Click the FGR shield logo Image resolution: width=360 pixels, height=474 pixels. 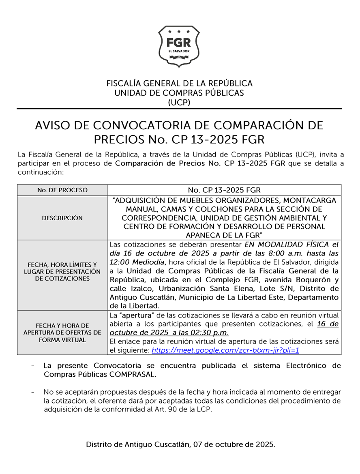click(x=179, y=46)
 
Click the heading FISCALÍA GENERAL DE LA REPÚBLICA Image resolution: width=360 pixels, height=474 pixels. click(x=179, y=84)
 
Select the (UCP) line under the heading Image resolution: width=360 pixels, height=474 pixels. click(x=179, y=102)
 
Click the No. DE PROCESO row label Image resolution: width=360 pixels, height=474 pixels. click(x=62, y=190)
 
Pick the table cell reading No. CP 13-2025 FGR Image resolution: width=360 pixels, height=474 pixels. click(x=224, y=190)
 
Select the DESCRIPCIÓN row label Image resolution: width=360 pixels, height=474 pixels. click(x=62, y=218)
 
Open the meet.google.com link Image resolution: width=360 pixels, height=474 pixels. click(x=225, y=350)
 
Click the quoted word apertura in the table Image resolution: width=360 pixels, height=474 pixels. click(x=131, y=315)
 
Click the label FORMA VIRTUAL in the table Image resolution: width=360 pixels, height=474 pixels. click(x=62, y=340)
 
